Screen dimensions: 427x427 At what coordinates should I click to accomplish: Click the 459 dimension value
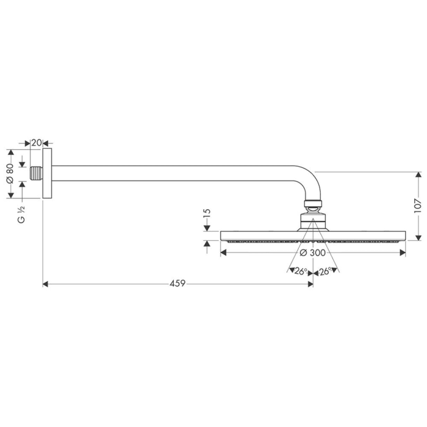tap(177, 283)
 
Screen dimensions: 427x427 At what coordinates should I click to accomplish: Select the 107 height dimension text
tap(417, 206)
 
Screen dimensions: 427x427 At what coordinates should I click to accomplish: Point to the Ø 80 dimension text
tap(10, 173)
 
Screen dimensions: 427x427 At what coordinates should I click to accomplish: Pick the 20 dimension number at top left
tap(36, 143)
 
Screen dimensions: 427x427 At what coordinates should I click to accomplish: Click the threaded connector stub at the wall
tap(37, 173)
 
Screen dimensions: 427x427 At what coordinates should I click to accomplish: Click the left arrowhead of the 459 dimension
tap(46, 284)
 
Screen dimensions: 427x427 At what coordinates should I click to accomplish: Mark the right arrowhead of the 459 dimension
tap(309, 284)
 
